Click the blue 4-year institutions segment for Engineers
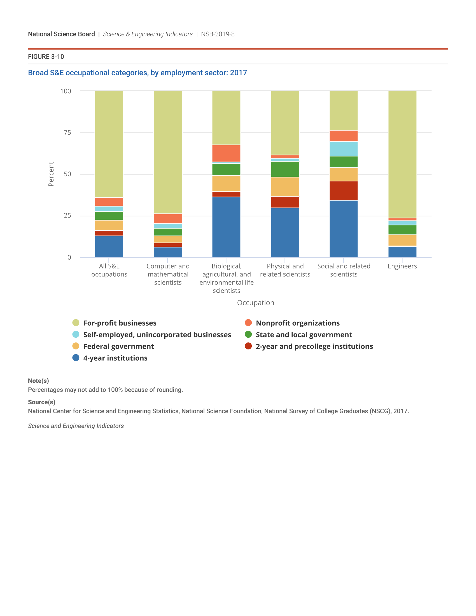pos(402,252)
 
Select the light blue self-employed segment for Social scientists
pos(344,149)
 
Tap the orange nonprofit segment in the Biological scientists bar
pos(226,153)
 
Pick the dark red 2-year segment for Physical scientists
pos(285,202)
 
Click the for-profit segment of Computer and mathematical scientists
pos(168,152)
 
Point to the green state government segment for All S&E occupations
pos(109,216)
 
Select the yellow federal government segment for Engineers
pos(402,240)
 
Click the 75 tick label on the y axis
pos(67,132)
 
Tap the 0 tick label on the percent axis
pos(69,257)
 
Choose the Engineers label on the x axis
pos(402,266)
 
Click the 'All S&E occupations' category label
pos(109,270)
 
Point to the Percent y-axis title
pos(51,174)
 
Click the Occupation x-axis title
pos(255,303)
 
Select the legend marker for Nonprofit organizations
pos(248,323)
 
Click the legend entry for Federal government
pos(118,346)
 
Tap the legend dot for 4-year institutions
pos(76,358)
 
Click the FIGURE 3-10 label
pos(46,57)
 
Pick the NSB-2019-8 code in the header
pos(218,34)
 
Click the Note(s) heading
pos(38,381)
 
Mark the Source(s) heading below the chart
pos(41,402)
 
